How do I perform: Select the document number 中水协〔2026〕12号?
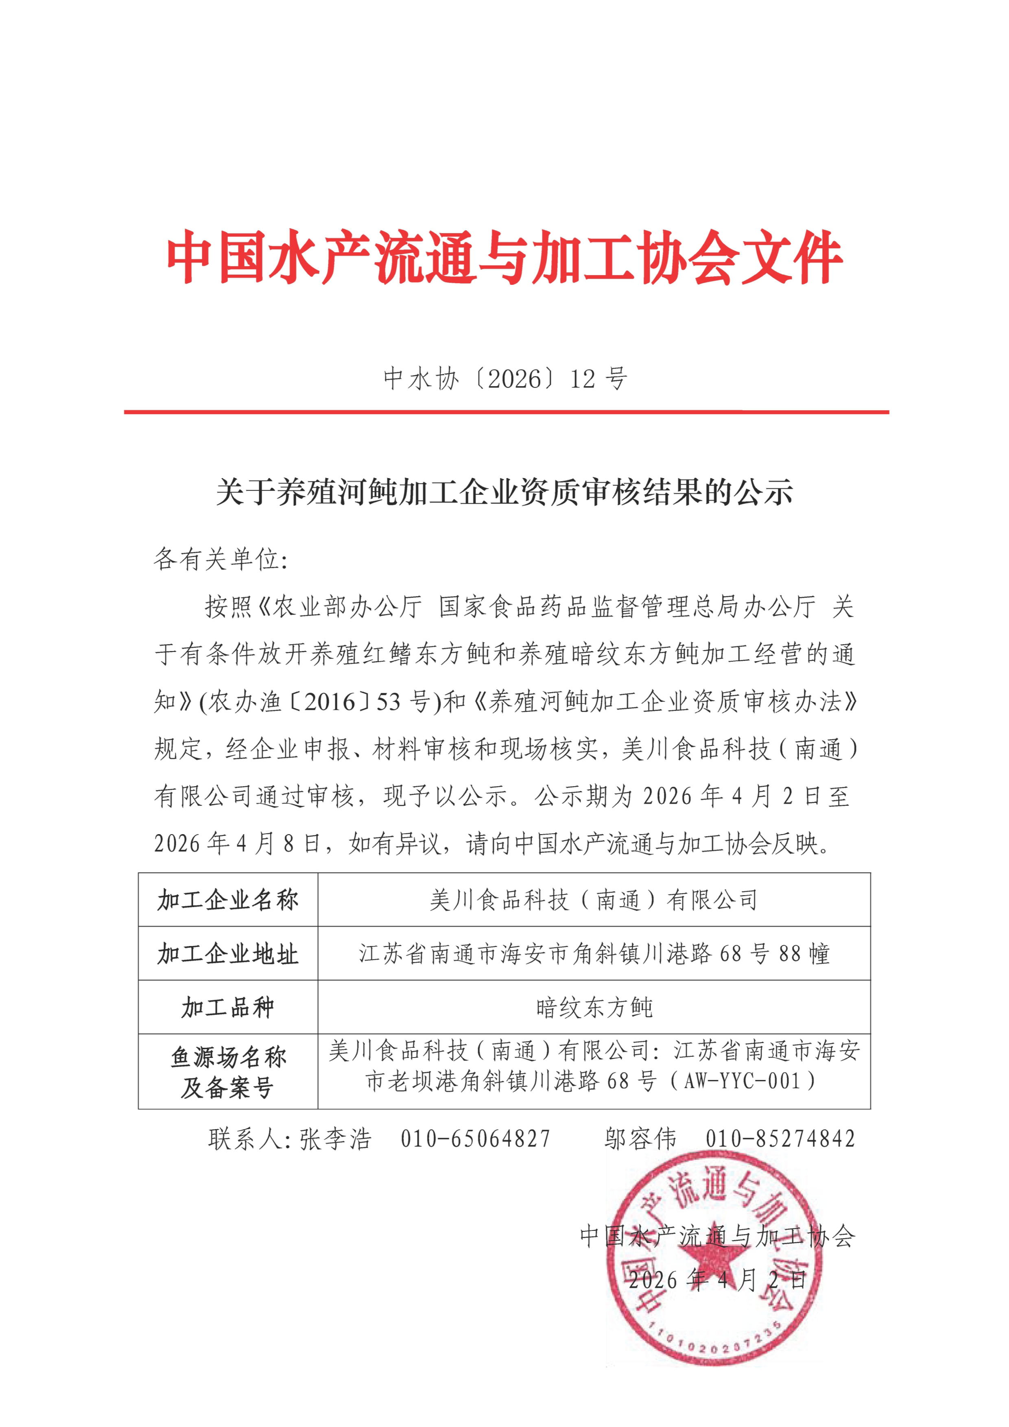[x=504, y=378]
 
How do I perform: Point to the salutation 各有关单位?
[x=221, y=559]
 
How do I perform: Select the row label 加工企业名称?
[x=227, y=899]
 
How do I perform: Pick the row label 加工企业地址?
[x=227, y=953]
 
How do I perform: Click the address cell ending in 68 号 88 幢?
[x=594, y=953]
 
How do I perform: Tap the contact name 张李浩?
[x=336, y=1139]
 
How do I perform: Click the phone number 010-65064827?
[x=475, y=1139]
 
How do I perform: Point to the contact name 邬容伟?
[x=640, y=1139]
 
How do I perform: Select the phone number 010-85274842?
[x=780, y=1139]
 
